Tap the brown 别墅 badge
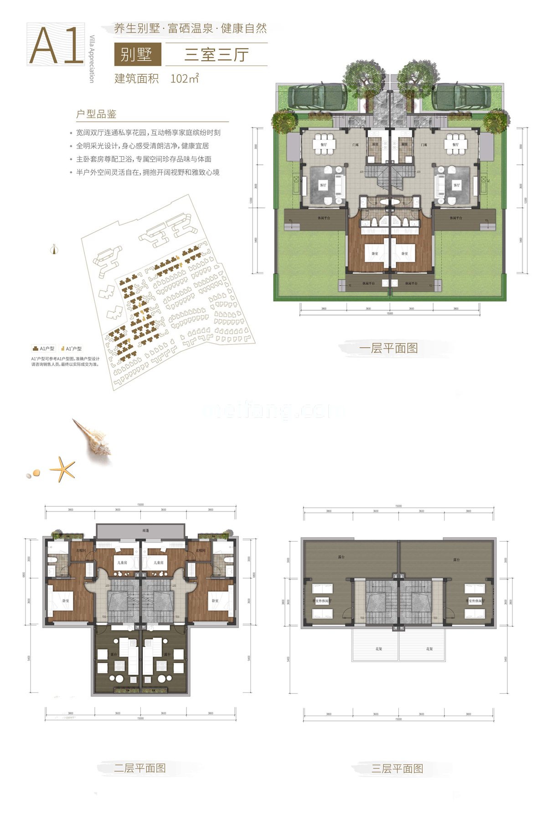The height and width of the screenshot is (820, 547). [x=137, y=55]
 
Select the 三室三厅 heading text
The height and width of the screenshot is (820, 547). [x=216, y=55]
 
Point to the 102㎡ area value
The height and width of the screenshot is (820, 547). [x=185, y=78]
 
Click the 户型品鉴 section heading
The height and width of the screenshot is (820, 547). [x=97, y=114]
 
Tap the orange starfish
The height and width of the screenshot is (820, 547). [x=62, y=469]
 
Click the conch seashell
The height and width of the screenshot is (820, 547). [x=93, y=438]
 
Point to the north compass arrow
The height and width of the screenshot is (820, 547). [x=54, y=249]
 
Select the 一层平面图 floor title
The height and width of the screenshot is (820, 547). [x=388, y=348]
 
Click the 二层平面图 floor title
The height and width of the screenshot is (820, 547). [x=140, y=768]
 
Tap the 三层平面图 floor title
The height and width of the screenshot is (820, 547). [x=397, y=769]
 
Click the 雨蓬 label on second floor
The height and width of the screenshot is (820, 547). [x=145, y=531]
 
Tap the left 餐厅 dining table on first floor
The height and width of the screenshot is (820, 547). [x=324, y=143]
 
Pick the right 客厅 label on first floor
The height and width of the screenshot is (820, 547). [x=457, y=185]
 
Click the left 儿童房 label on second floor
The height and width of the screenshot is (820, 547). [x=122, y=563]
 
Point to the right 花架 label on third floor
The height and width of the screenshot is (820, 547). [x=429, y=649]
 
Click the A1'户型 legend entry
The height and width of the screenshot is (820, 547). [x=71, y=348]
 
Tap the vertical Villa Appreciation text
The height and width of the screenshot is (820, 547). [x=92, y=59]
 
